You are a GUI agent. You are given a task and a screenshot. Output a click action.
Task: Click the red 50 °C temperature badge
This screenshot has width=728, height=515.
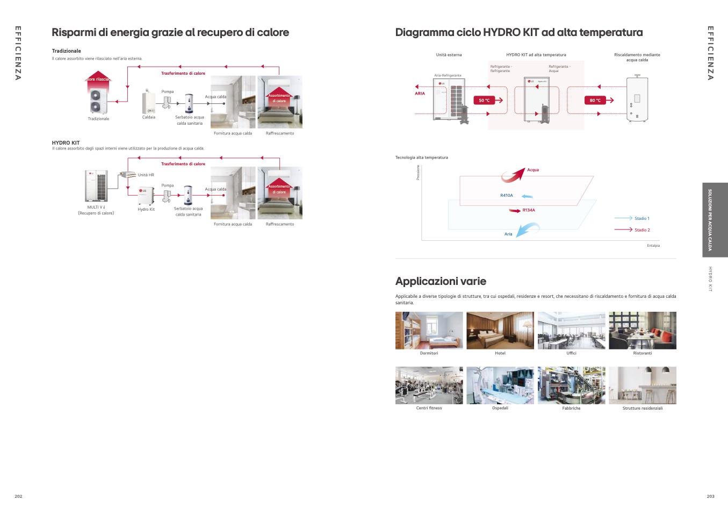point(484,101)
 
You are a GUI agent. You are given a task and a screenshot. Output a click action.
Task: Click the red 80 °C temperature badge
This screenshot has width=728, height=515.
point(595,101)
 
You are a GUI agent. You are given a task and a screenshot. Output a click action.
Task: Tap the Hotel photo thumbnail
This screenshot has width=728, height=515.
point(500,331)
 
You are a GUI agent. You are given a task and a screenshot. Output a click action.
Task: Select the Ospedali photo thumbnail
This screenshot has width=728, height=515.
point(500,385)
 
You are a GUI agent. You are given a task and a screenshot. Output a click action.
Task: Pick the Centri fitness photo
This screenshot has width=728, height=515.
point(429,385)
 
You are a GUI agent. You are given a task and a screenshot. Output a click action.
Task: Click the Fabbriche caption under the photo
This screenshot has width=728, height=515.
point(571,409)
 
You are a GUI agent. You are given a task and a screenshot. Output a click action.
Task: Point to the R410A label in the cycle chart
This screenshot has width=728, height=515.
point(506,196)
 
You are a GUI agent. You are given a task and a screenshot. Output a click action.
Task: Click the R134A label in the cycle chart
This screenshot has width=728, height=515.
point(529,210)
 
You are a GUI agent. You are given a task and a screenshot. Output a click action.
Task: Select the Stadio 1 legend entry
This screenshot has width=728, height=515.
point(641,218)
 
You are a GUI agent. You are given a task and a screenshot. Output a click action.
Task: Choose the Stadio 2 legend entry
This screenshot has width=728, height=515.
point(641,230)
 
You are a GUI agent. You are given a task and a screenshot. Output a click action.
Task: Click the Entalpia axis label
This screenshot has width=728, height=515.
point(653,246)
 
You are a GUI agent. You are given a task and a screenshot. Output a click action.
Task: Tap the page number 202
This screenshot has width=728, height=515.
point(18,496)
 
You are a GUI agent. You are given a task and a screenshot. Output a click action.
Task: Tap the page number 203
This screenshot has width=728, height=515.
point(710,496)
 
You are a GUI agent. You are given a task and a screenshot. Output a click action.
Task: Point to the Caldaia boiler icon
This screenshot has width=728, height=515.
point(148,101)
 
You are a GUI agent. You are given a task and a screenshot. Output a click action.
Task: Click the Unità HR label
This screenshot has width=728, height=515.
point(146,175)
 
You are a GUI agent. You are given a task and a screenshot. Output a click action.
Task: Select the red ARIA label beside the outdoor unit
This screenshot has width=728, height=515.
point(420,94)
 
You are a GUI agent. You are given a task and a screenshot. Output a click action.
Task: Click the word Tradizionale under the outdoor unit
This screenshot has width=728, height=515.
point(98,119)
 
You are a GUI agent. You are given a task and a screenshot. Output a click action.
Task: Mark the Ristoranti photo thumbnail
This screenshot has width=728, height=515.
point(642,331)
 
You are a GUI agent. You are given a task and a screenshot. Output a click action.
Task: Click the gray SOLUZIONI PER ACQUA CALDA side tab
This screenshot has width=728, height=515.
point(715,220)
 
